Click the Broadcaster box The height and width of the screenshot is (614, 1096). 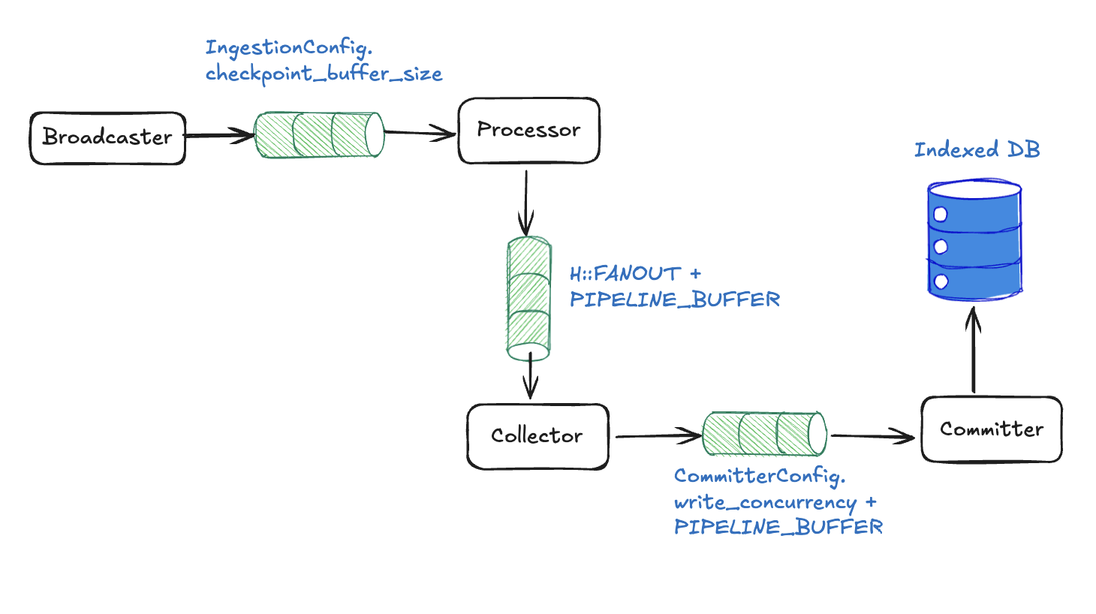[x=107, y=137]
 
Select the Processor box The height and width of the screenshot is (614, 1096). [x=528, y=131]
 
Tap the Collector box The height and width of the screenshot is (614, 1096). [x=537, y=436]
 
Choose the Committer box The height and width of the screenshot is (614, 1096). [x=991, y=429]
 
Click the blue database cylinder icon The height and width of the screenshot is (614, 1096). [x=974, y=240]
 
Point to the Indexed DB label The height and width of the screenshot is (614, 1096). [x=977, y=149]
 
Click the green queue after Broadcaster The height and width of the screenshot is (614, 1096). [x=319, y=135]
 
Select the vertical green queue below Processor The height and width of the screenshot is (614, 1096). [x=528, y=298]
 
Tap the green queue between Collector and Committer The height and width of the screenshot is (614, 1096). [x=764, y=434]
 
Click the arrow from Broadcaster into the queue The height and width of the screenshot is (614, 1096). [x=220, y=136]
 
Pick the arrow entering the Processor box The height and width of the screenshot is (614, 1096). [x=420, y=134]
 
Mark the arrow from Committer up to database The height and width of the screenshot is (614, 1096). [x=974, y=350]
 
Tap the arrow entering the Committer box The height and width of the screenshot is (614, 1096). [x=873, y=435]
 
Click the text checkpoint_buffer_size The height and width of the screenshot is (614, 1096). [x=324, y=74]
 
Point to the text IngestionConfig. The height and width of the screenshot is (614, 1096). [x=288, y=48]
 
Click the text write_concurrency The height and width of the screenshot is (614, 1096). [x=765, y=502]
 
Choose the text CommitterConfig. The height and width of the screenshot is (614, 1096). [x=759, y=476]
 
